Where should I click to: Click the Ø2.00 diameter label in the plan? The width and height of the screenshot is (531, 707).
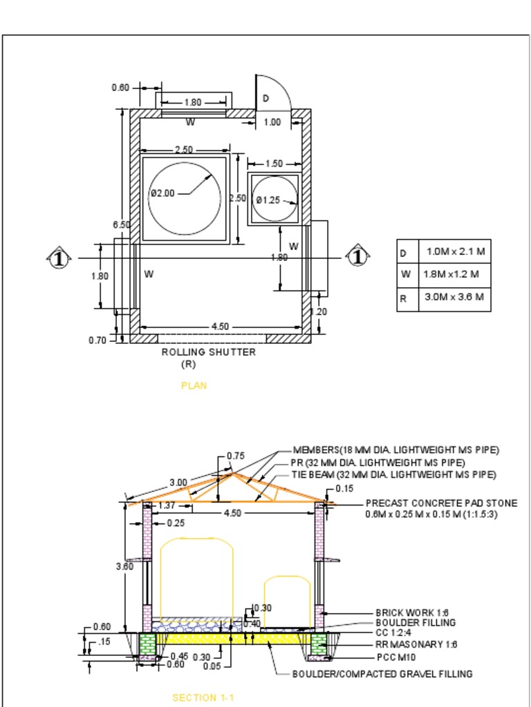162,193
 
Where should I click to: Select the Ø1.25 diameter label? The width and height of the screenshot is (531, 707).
268,200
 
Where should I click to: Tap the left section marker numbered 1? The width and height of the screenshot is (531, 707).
59,258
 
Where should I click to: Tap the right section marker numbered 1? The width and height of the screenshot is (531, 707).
357,258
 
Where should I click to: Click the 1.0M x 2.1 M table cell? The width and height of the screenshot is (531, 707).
455,251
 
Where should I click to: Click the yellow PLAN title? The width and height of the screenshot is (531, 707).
194,386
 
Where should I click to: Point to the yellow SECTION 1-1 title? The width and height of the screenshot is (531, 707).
203,698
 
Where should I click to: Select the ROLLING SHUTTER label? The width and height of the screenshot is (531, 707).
209,352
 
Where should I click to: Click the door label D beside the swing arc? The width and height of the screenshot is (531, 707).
265,99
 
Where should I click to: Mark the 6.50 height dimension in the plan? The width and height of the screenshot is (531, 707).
121,225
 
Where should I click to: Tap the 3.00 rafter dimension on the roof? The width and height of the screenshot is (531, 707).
178,482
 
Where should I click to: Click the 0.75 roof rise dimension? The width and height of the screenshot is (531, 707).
236,456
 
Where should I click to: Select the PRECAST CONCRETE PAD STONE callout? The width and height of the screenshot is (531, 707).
441,503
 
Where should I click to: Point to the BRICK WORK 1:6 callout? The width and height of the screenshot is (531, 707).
412,612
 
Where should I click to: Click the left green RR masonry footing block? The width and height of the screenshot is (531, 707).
148,645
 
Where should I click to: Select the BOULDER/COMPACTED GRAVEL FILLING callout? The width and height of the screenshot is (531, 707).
382,674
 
